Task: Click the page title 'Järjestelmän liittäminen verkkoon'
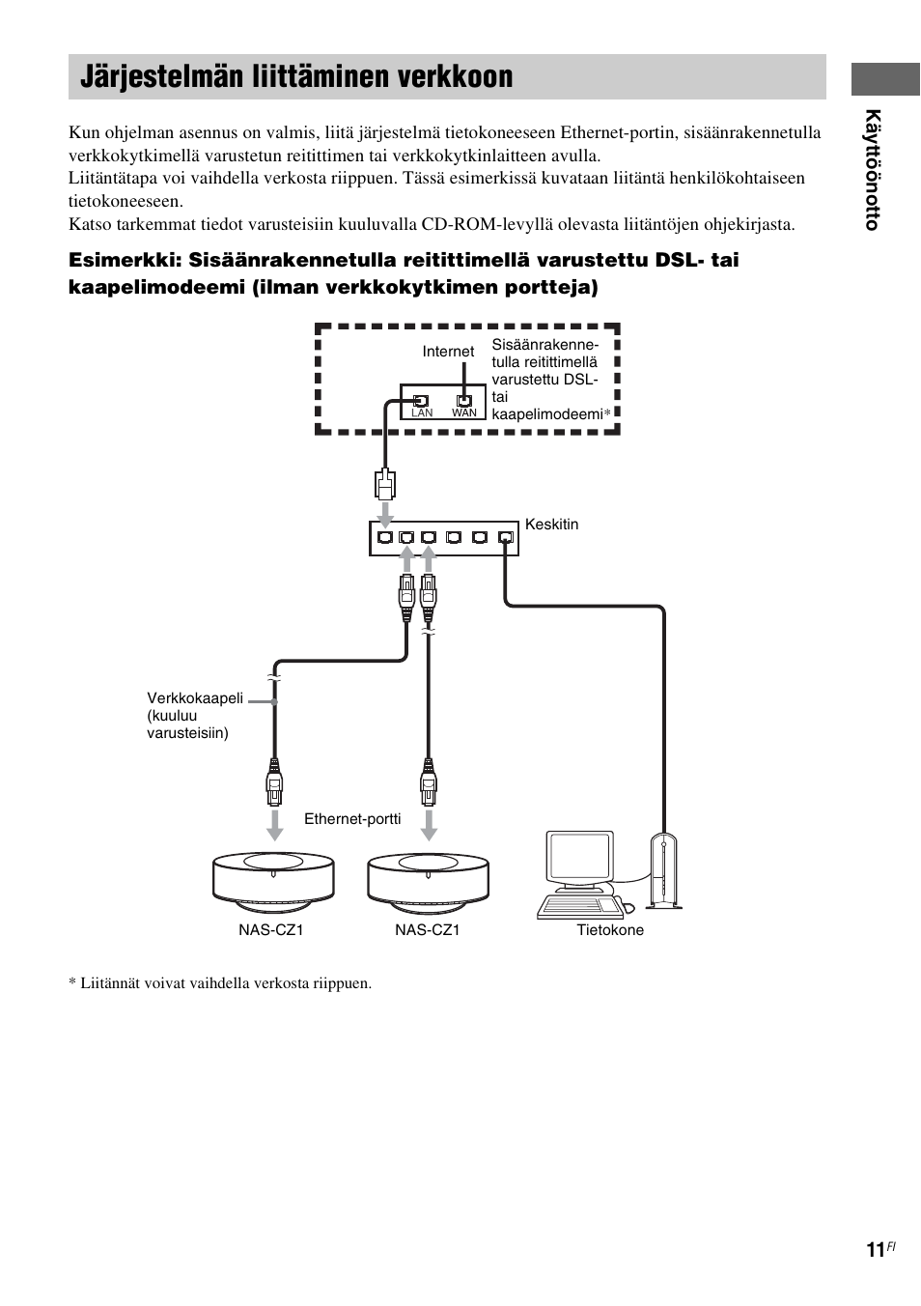tap(296, 77)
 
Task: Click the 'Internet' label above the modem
tap(448, 352)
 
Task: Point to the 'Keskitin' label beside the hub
tap(551, 525)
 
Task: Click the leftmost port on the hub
tap(385, 538)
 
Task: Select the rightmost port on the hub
tap(505, 538)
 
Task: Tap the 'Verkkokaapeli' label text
tap(195, 698)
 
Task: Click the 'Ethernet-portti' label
tap(352, 819)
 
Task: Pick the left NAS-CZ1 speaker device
tap(274, 879)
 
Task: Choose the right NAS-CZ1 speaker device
tap(429, 879)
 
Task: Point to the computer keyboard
tap(579, 906)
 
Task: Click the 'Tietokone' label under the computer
tap(610, 930)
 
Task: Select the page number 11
tap(875, 1250)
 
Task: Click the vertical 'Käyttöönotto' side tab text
tap(873, 170)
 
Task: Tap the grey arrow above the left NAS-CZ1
tap(274, 824)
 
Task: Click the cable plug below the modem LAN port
tap(384, 483)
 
